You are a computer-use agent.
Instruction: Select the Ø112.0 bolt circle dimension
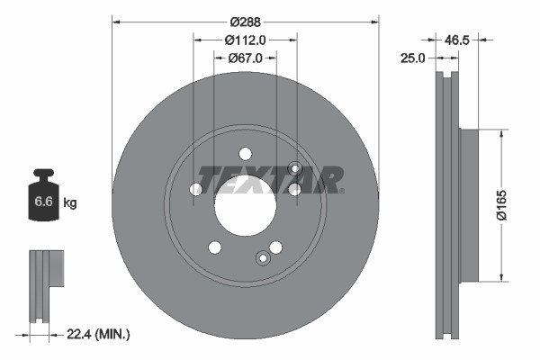coord(245,40)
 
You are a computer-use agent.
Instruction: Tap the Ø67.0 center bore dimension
coord(245,58)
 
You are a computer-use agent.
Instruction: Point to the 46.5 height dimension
coord(459,40)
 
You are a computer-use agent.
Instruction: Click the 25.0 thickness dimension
coord(415,58)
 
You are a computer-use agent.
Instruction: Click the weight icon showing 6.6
coord(44,197)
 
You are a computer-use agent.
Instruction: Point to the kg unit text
coord(70,203)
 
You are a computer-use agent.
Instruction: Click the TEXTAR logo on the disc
coord(270,180)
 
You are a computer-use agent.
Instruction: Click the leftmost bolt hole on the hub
coord(196,189)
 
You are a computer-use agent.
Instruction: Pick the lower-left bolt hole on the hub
coord(214,247)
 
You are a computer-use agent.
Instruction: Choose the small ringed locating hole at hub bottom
coord(263,258)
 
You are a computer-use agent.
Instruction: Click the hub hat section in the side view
coord(469,205)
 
